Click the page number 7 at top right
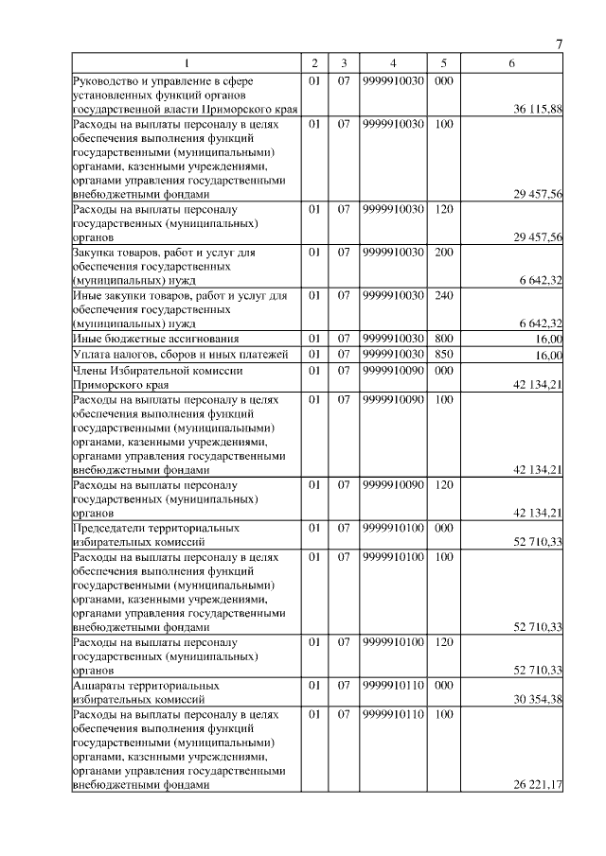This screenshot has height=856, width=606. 559,44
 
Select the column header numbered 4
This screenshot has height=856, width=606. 392,63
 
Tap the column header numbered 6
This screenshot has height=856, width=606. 511,63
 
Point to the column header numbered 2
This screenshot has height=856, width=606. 314,63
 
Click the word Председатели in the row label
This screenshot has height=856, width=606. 110,527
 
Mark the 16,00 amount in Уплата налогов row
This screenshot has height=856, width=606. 548,355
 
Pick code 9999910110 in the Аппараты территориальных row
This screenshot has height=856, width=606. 392,684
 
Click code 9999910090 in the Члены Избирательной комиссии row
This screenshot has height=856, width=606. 392,370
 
